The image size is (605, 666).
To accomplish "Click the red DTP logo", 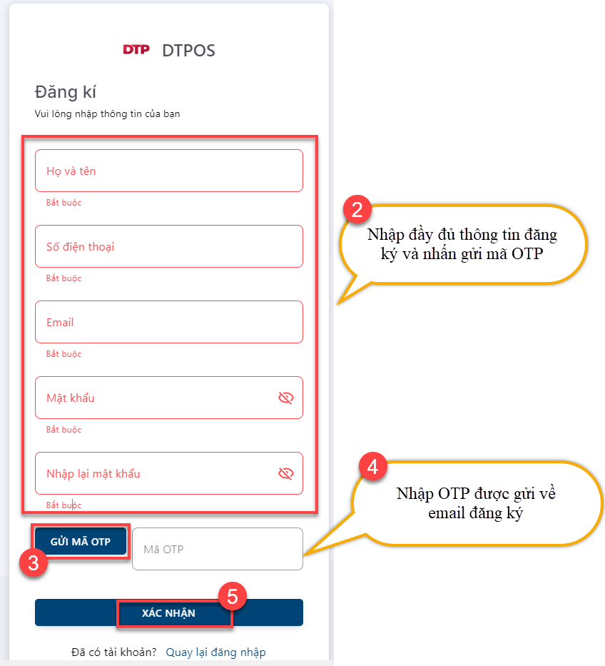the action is [136, 50].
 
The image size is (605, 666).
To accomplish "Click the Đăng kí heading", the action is [66, 92].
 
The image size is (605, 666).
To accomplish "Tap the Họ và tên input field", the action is [169, 171].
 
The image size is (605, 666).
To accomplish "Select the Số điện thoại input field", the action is [169, 246].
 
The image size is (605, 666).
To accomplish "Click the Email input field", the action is [169, 322].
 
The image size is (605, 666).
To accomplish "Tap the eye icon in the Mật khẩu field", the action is [285, 398].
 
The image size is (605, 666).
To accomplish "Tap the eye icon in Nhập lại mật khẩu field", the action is [285, 473].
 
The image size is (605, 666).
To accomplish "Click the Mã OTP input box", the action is [218, 549].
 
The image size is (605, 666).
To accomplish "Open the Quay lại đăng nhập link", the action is [215, 652].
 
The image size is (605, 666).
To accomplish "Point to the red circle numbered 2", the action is [357, 209].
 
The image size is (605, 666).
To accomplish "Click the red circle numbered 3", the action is [34, 562].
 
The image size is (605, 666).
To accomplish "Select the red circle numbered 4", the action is [372, 466].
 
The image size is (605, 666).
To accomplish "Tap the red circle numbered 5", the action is [233, 596].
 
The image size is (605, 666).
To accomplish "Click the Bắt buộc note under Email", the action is [63, 354].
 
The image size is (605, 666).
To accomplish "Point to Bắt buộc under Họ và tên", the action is [63, 203].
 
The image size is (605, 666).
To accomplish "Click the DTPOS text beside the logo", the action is [188, 51].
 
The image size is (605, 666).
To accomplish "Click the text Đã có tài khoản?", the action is [113, 652].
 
